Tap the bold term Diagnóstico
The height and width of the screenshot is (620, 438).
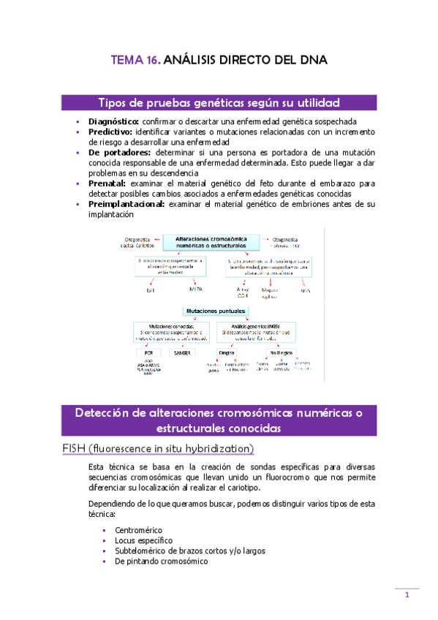point(113,121)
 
